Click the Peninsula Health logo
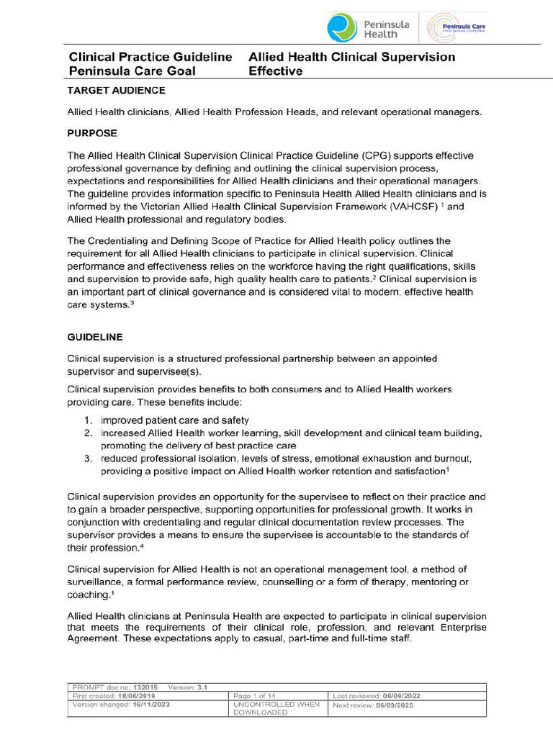[367, 27]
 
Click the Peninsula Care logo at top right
[457, 28]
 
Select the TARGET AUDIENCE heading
[116, 91]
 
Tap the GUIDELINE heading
[94, 337]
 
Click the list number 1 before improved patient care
[86, 420]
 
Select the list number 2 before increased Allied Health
[86, 433]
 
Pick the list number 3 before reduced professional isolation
[86, 458]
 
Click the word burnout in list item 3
[451, 458]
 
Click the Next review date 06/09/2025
[401, 705]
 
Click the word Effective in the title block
[275, 71]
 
